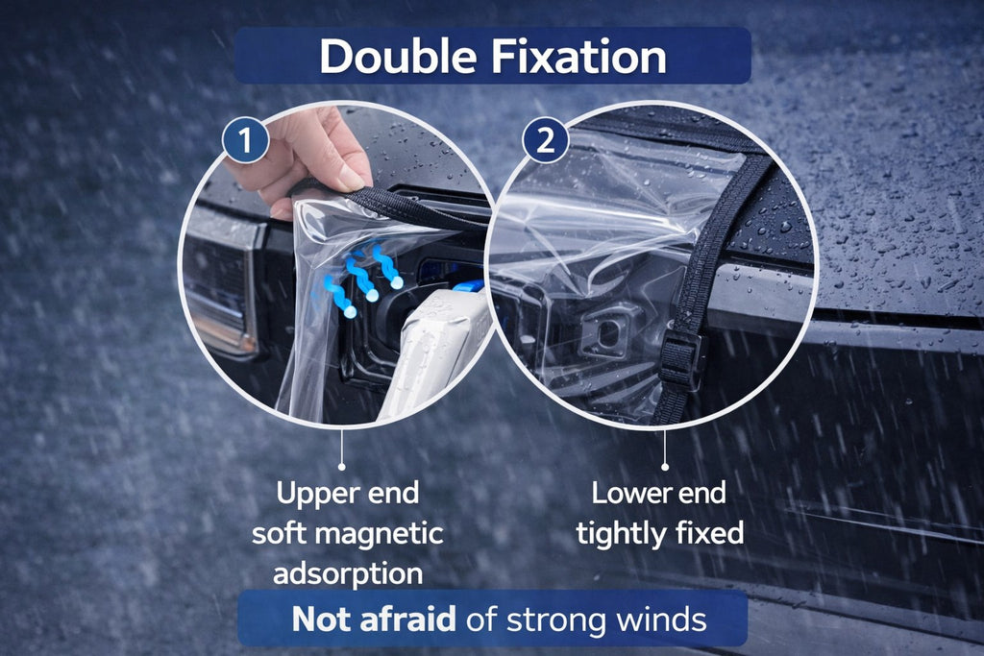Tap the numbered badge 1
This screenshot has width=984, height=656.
[x=245, y=141]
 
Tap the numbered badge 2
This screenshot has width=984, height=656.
[x=545, y=141]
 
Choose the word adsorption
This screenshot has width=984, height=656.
[x=347, y=572]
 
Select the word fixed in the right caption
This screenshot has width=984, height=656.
[x=712, y=533]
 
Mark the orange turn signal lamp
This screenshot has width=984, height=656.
[x=219, y=322]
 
